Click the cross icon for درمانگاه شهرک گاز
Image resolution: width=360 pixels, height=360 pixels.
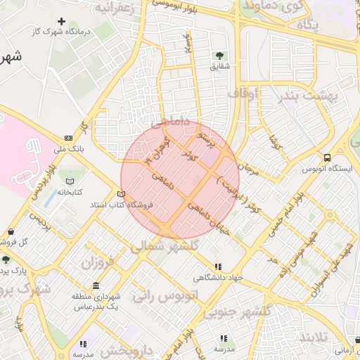click(63, 22)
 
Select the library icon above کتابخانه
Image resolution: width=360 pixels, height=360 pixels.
click(70, 181)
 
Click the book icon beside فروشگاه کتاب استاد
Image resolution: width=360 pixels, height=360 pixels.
click(121, 195)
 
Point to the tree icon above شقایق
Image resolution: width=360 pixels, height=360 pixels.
click(219, 55)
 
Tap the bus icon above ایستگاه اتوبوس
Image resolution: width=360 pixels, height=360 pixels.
click(327, 157)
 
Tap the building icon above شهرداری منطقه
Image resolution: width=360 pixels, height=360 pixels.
click(96, 285)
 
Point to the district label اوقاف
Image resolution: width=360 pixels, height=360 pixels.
click(242, 93)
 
